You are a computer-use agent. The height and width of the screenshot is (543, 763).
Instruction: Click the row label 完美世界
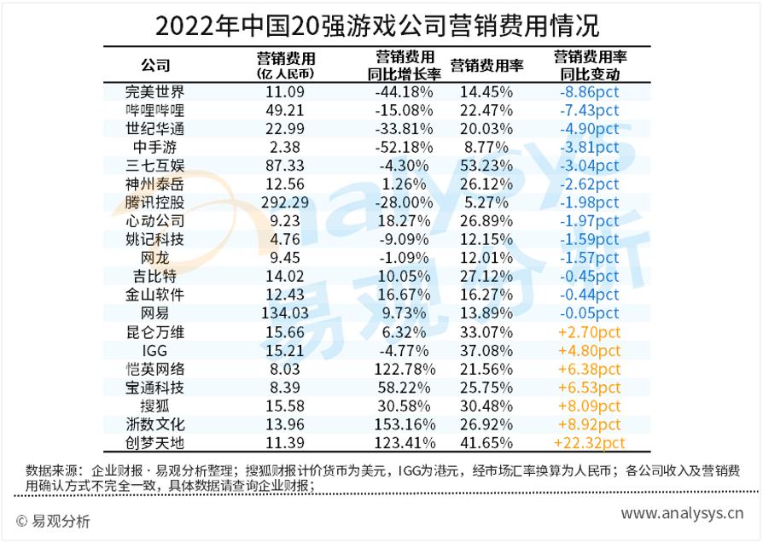coord(154,92)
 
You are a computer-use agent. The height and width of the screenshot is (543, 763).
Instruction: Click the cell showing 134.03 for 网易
coord(286,312)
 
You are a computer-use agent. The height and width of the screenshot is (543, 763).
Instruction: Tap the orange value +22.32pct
coord(590,442)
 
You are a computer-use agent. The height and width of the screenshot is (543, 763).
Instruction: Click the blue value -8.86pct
coord(590,92)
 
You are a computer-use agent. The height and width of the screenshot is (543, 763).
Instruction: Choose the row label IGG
coord(154,350)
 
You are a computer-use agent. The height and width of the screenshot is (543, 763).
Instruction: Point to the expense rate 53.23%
coord(486,166)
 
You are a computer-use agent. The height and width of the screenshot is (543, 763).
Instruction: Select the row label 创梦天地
coord(154,442)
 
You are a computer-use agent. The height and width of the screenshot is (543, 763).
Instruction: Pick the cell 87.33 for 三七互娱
coord(286,166)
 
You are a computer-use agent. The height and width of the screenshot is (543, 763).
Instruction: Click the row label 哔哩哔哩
coord(154,110)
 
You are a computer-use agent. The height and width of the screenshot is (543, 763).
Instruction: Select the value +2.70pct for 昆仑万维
coord(590,331)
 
